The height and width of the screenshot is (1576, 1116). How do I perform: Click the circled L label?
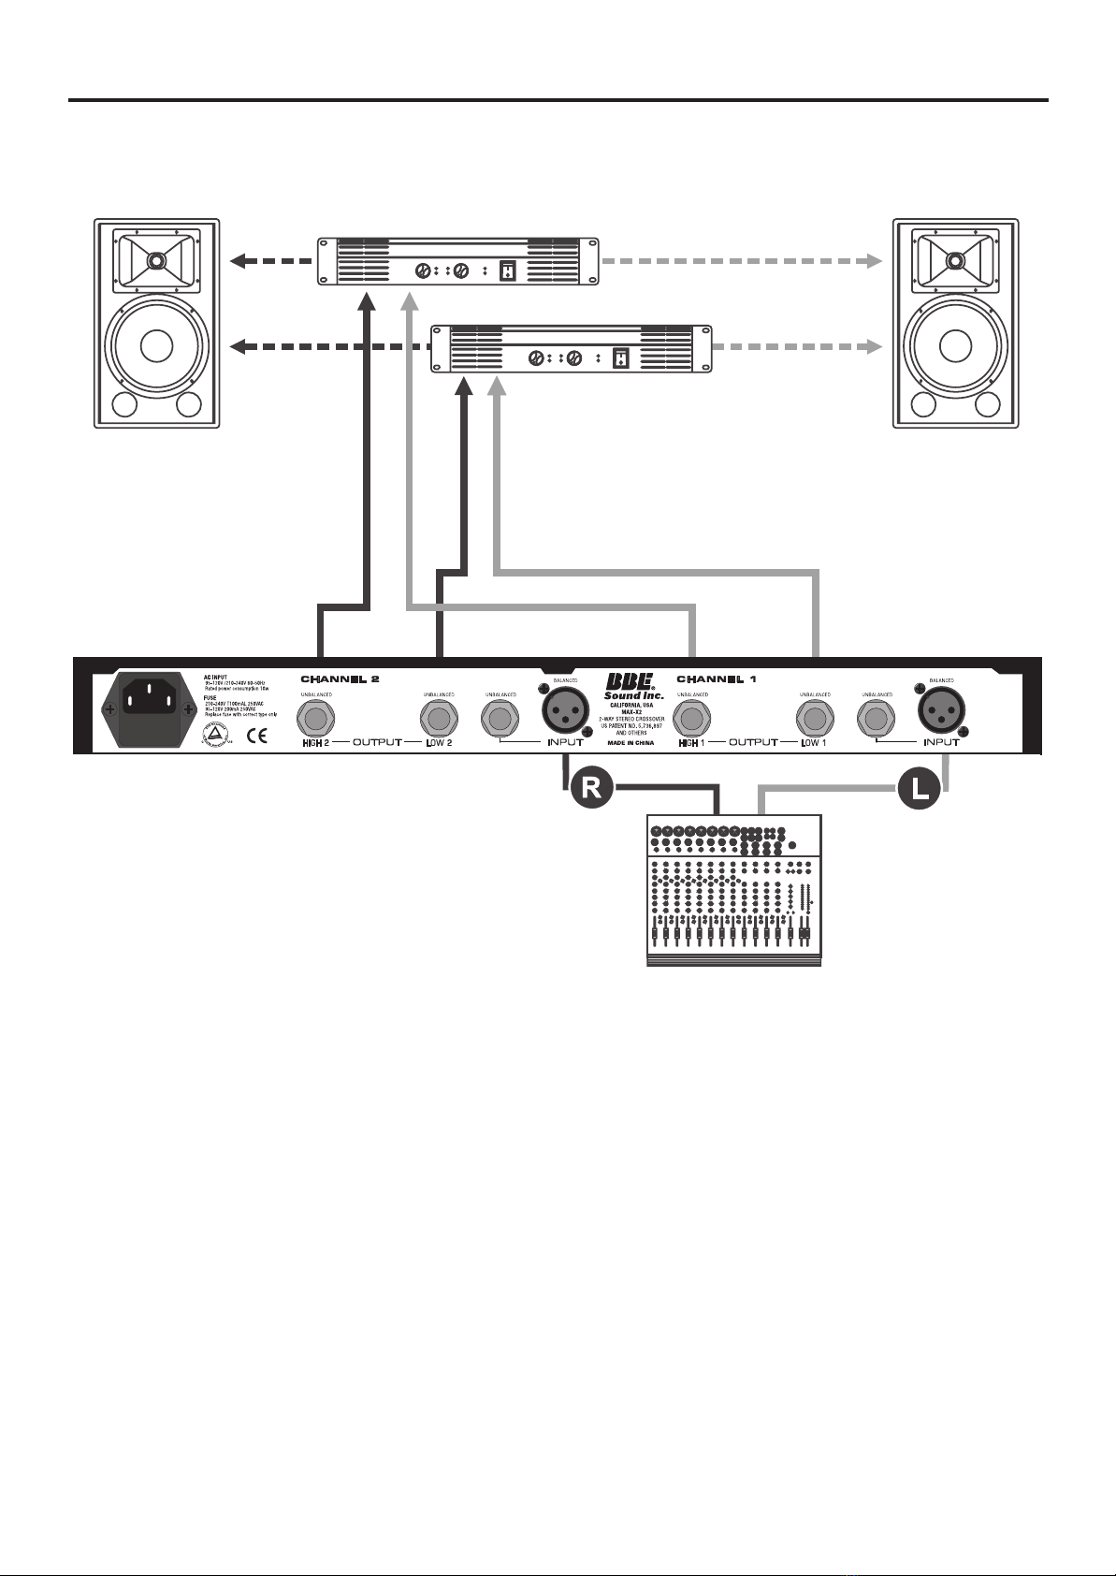pyautogui.click(x=920, y=789)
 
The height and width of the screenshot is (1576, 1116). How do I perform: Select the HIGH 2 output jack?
pyautogui.click(x=316, y=720)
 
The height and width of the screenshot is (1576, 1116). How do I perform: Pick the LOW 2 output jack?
pyautogui.click(x=439, y=720)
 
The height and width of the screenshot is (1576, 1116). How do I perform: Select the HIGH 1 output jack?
pyautogui.click(x=693, y=720)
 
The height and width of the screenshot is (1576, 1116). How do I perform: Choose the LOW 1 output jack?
pyautogui.click(x=815, y=720)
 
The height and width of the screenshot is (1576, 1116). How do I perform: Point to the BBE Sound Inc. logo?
pyautogui.click(x=633, y=687)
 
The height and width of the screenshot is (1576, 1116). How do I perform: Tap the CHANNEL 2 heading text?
pyautogui.click(x=340, y=679)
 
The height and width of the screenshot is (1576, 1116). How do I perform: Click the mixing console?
pyautogui.click(x=734, y=890)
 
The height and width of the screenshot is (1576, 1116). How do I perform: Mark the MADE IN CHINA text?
pyautogui.click(x=631, y=742)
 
